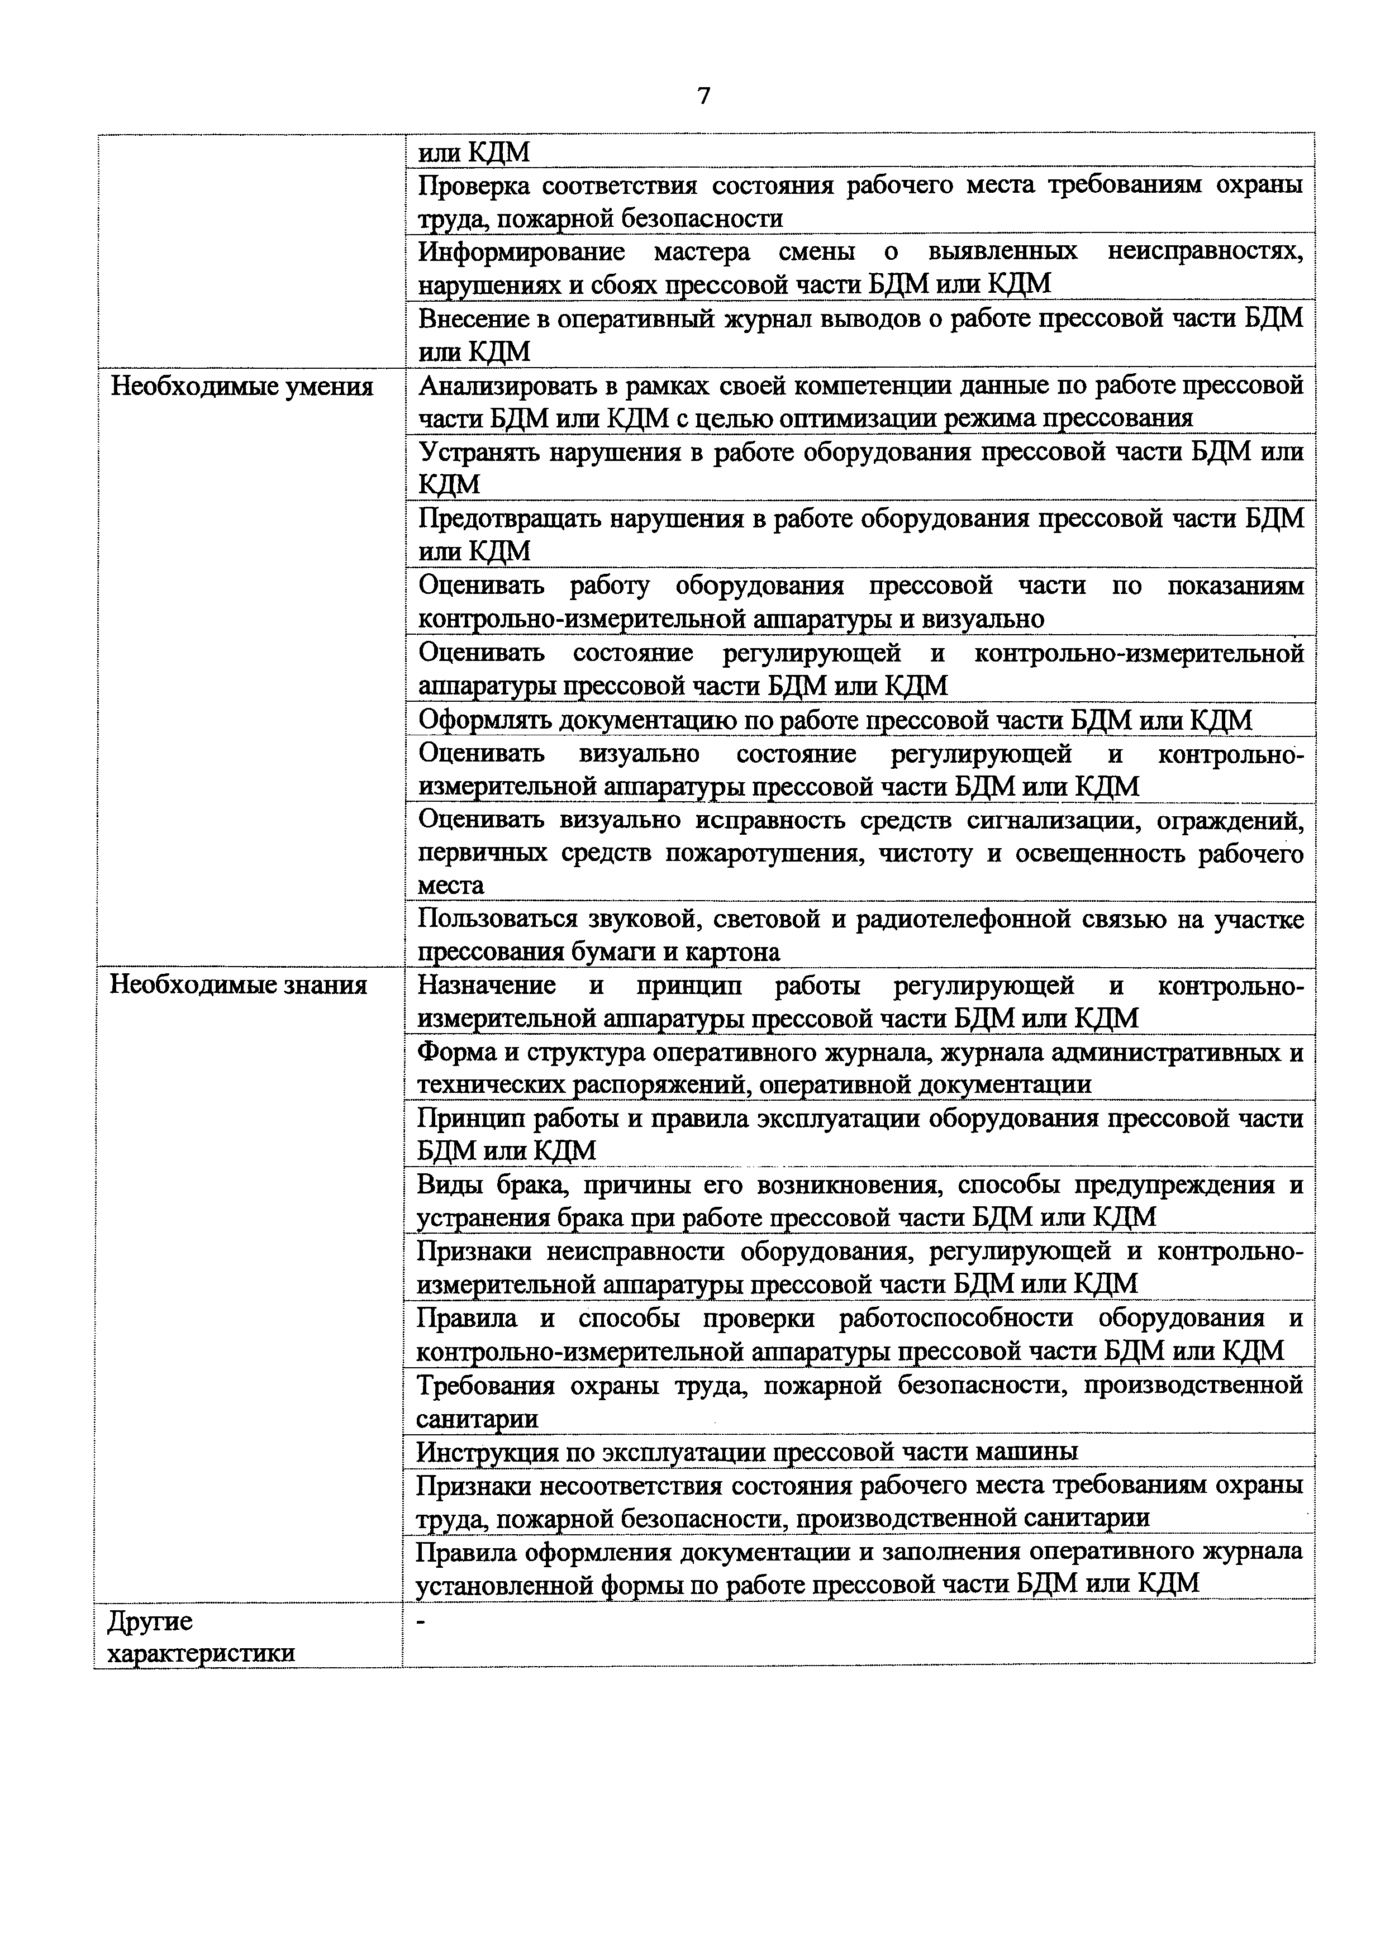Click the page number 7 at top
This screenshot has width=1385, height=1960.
click(703, 96)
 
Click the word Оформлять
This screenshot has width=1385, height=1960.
click(485, 721)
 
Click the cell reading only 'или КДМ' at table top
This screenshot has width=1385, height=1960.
click(474, 152)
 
